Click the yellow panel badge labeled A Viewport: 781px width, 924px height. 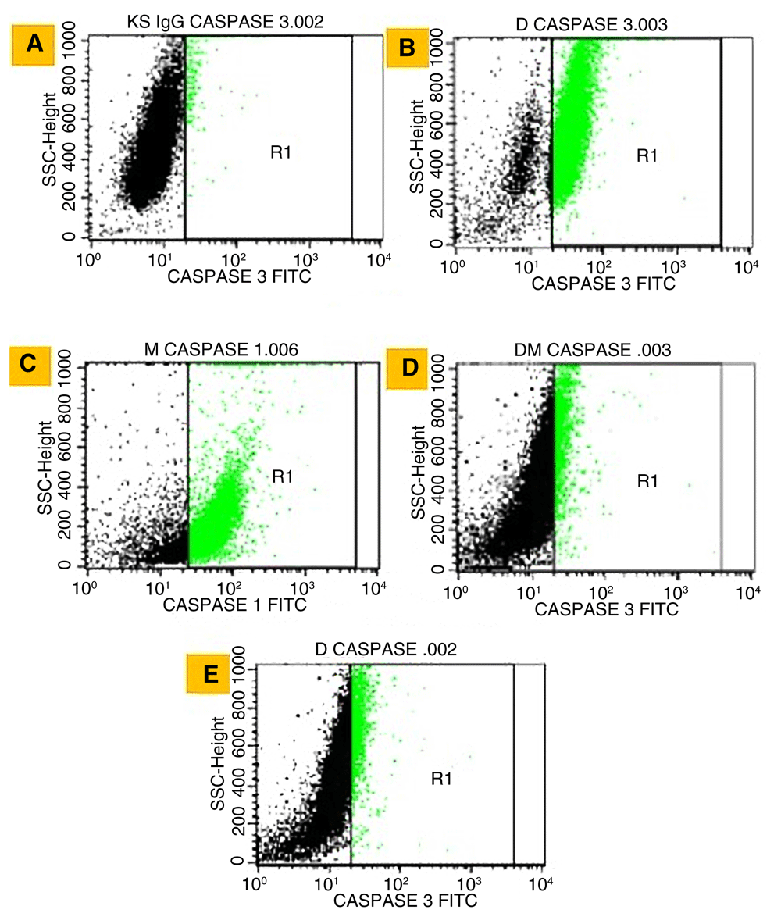point(34,44)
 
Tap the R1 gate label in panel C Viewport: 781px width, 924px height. point(281,474)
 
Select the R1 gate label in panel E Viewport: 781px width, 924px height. point(443,778)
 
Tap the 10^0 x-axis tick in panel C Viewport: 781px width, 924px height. point(90,588)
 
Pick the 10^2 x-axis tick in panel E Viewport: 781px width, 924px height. point(401,884)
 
